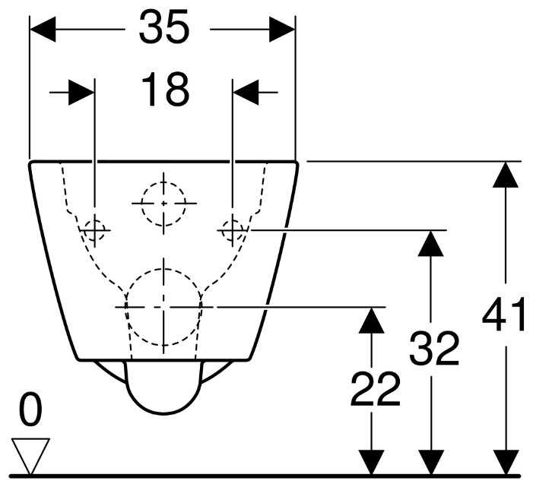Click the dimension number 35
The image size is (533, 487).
click(x=163, y=27)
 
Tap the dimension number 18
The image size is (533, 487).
click(x=165, y=90)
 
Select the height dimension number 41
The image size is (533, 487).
click(x=504, y=314)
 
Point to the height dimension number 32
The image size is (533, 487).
click(x=434, y=348)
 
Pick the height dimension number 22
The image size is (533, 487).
click(x=375, y=389)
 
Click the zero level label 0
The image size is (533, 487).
click(x=30, y=409)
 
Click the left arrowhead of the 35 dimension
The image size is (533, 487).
click(x=43, y=30)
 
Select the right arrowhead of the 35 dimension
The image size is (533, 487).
click(x=282, y=30)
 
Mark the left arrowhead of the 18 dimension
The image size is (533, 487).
click(x=81, y=92)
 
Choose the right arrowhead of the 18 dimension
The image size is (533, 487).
click(x=246, y=92)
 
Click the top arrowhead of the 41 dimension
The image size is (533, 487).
click(x=506, y=175)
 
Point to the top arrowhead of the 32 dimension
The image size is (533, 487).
click(x=430, y=243)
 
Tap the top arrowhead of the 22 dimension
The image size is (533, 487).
click(x=372, y=321)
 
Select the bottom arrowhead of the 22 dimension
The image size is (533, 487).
click(x=372, y=462)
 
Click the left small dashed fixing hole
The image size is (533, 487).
click(x=95, y=230)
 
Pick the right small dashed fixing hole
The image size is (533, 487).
click(x=233, y=230)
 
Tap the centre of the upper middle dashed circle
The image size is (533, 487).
click(x=163, y=204)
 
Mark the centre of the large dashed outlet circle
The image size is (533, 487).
click(x=163, y=307)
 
